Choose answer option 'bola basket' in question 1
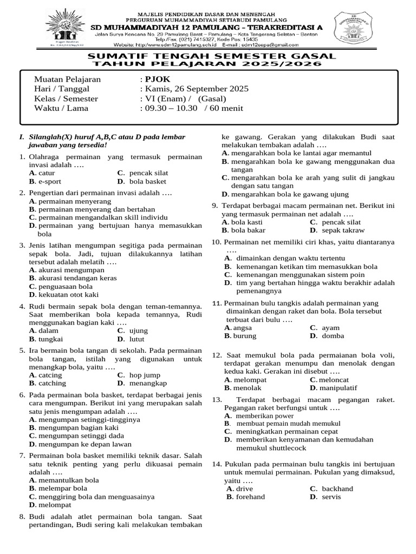coord(148,181)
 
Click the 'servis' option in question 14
coord(331,497)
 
